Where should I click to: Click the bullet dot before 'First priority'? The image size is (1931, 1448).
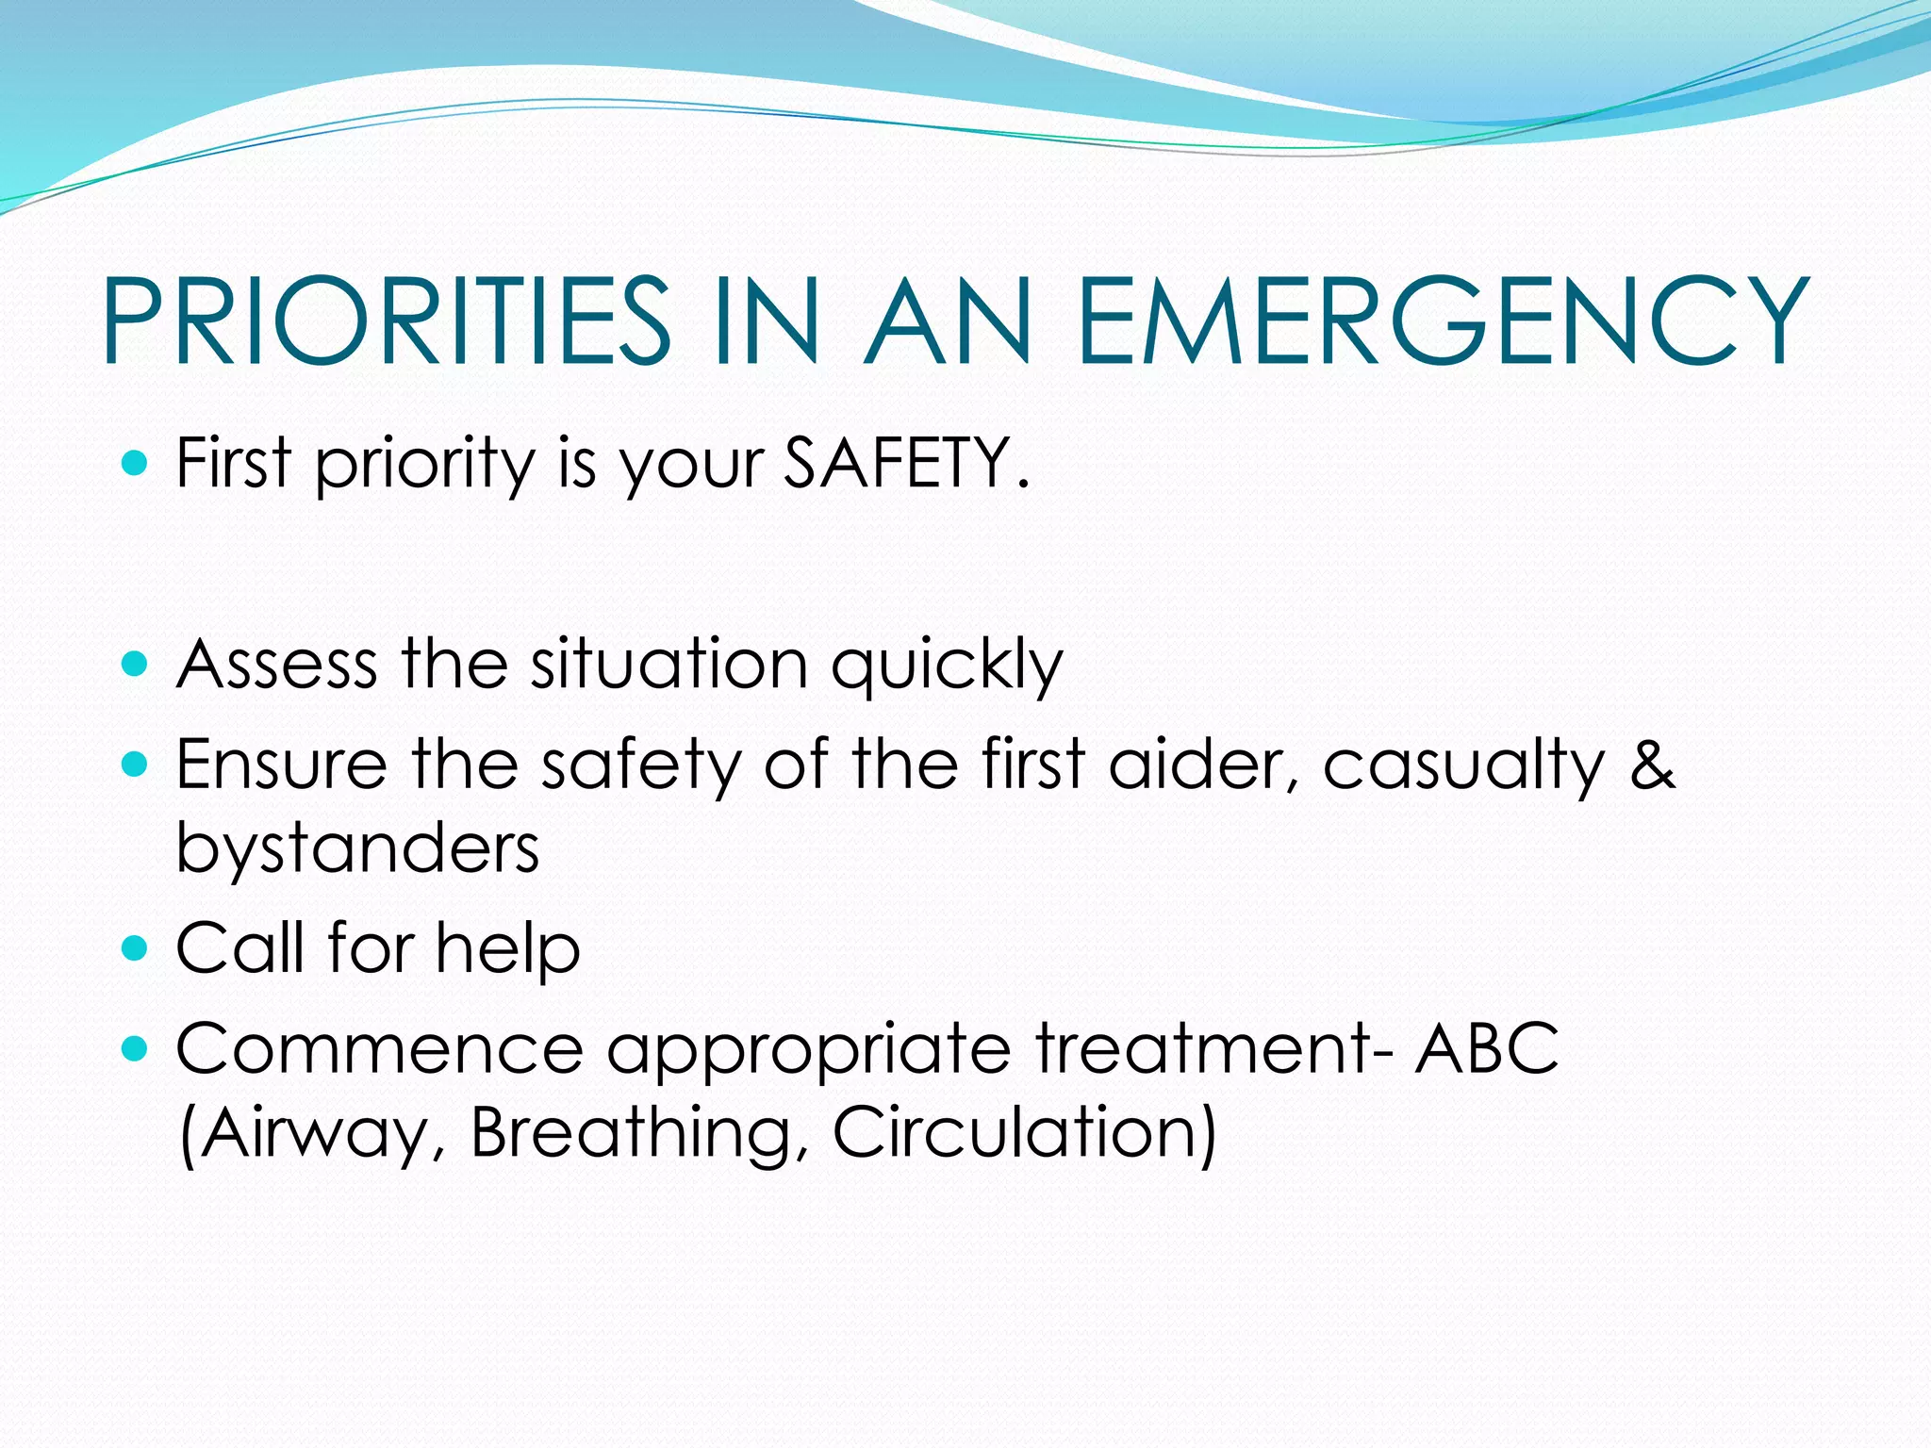coord(136,463)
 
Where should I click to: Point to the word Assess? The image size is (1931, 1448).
coord(277,665)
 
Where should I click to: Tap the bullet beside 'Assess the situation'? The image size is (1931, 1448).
coord(136,664)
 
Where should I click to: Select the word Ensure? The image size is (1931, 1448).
coord(281,764)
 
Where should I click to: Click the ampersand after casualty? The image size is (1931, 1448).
coord(1652,764)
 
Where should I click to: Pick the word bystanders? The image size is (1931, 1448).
coord(358,847)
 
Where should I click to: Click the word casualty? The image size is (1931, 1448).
coord(1462,765)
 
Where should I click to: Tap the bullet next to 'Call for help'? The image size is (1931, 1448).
coord(136,946)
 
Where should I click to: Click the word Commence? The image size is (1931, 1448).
coord(379,1048)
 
